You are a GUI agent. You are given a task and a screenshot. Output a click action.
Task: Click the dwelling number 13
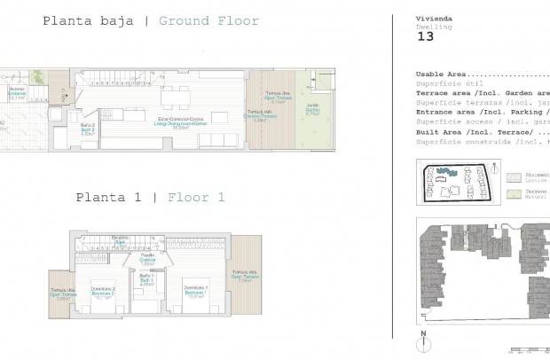(425, 38)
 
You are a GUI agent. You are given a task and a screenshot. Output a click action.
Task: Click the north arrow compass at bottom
(425, 340)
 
